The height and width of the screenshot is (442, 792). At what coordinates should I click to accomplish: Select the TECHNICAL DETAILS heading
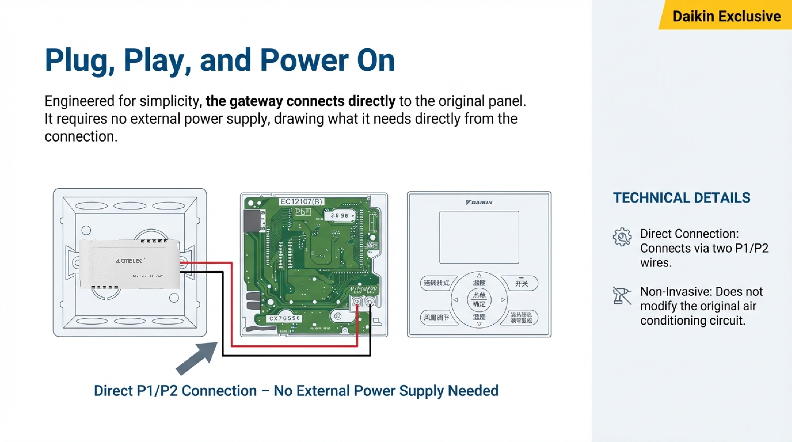(681, 198)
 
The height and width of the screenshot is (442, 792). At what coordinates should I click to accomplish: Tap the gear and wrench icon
(622, 237)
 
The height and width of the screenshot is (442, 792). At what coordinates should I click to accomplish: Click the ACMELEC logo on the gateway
(129, 261)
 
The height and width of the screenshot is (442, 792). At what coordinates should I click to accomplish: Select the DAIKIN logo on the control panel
(479, 202)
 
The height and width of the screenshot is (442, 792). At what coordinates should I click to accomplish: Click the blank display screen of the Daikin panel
(479, 237)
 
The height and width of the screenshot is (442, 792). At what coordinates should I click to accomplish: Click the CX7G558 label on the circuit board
(284, 318)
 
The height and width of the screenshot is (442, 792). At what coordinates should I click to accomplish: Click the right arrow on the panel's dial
(503, 300)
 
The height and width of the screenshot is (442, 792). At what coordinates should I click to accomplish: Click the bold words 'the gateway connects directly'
(300, 101)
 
